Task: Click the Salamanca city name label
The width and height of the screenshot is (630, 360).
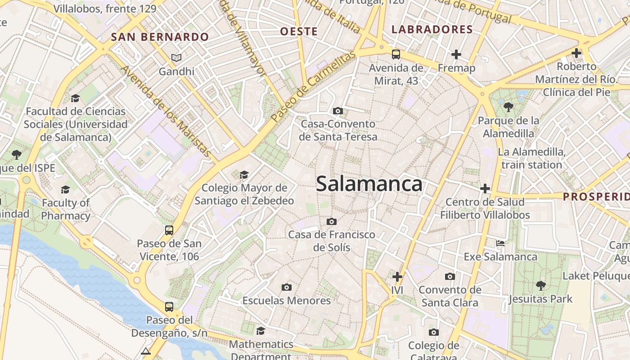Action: (369, 184)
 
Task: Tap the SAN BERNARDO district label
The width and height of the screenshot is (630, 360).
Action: (160, 37)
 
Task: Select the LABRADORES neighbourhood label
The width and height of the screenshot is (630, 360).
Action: (432, 30)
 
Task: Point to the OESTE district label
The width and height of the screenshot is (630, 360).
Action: (299, 31)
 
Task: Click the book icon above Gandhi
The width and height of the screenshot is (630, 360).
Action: (176, 58)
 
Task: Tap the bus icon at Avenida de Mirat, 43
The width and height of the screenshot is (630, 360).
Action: (396, 54)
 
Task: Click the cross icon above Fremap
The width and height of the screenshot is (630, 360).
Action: (456, 55)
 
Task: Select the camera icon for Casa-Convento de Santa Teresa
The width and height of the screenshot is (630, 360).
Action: (337, 111)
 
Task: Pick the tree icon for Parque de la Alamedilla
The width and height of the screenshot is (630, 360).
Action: (508, 107)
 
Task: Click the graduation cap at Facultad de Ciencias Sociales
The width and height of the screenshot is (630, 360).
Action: (75, 98)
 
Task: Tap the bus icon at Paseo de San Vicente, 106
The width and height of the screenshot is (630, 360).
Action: (169, 230)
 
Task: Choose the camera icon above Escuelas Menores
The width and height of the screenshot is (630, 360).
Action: (286, 287)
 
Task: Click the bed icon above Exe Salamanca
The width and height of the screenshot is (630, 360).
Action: (500, 243)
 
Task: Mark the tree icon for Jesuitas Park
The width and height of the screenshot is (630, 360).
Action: (540, 285)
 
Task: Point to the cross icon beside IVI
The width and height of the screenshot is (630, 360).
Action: (397, 277)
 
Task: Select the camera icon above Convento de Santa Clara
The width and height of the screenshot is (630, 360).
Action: (450, 276)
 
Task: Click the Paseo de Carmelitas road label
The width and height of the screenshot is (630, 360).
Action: (313, 86)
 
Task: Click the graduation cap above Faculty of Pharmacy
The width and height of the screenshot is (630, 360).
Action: (66, 189)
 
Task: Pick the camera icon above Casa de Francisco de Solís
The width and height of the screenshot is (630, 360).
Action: (332, 221)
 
